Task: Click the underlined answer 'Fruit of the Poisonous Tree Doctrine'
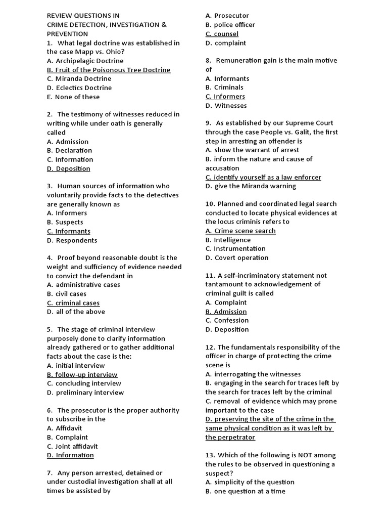[109, 70]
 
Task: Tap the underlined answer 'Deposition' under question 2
[69, 168]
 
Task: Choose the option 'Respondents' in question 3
[72, 240]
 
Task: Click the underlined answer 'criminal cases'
[73, 303]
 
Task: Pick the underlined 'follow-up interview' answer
[82, 375]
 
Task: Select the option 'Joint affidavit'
[72, 446]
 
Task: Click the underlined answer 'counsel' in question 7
[222, 34]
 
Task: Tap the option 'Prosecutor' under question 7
[227, 16]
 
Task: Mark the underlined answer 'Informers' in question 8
[225, 97]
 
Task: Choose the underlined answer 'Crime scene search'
[240, 231]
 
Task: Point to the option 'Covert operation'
[237, 258]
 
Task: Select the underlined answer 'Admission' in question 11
[226, 312]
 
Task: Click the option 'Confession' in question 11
[227, 320]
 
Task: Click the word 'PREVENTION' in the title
[68, 33]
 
